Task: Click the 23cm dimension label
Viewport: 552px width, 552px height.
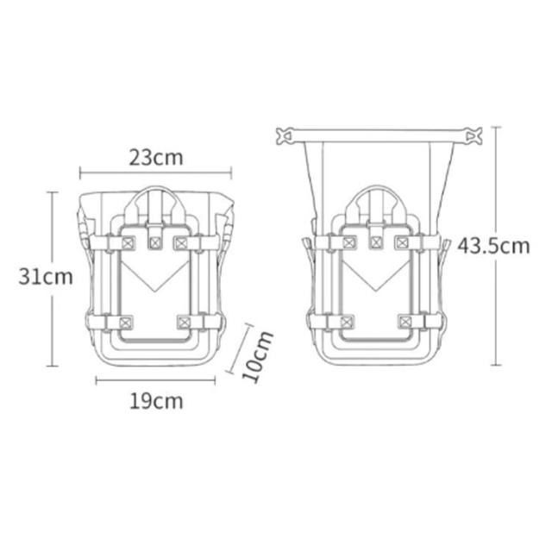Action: (156, 157)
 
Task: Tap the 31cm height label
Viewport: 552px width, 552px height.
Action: (46, 276)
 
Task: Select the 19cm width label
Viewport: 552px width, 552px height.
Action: (156, 401)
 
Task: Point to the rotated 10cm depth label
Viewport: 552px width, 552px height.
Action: (257, 356)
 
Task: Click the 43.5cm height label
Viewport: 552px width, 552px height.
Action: (493, 246)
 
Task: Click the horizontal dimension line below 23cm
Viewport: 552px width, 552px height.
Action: (155, 172)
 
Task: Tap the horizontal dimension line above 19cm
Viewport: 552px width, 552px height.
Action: (155, 380)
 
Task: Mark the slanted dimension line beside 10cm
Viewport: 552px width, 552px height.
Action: (240, 348)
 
